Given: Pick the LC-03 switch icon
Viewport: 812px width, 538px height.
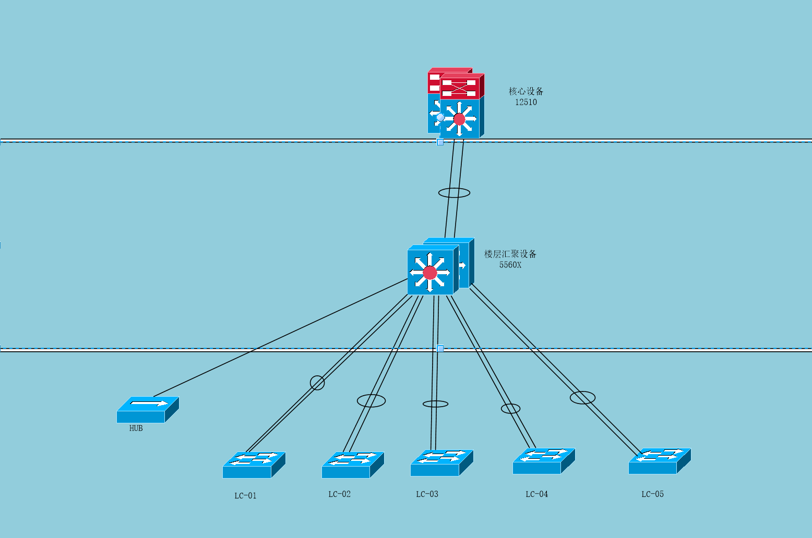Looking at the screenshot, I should (441, 462).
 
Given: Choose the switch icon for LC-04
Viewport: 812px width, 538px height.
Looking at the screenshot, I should (543, 461).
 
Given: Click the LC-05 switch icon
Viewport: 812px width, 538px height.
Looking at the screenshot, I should (659, 461).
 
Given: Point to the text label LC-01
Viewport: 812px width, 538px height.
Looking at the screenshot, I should (245, 495).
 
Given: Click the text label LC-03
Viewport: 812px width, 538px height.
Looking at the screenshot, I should (427, 494).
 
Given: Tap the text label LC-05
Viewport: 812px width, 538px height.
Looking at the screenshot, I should (652, 494).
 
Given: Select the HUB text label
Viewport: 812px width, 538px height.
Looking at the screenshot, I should (136, 428).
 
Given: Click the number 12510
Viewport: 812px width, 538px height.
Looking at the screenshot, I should (526, 102).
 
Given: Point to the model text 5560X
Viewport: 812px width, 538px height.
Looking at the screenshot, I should (510, 265).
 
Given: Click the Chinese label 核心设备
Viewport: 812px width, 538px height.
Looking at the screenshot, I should (526, 91).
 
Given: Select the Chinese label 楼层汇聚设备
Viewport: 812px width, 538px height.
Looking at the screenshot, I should (510, 254).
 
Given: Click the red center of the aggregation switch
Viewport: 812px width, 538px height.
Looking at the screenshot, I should (430, 273).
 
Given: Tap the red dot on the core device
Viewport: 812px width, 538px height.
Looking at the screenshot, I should (459, 119).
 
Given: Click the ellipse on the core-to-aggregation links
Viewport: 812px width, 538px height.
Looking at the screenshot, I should (454, 193).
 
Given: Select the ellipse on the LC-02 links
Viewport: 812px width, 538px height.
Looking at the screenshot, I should (371, 400).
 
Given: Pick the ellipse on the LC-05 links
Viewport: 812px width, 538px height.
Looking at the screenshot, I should (582, 398).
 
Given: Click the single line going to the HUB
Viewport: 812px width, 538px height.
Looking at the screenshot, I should (282, 337).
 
